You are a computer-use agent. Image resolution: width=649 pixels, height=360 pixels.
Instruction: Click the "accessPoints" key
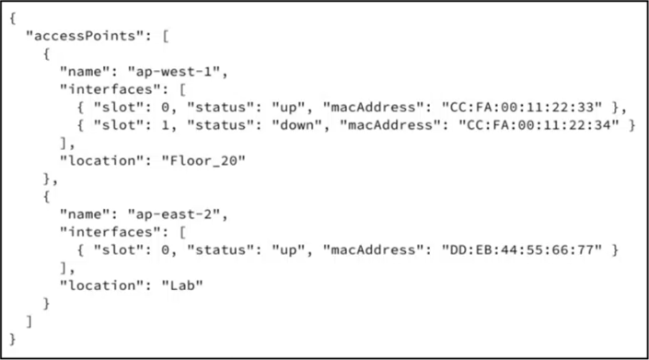pos(86,36)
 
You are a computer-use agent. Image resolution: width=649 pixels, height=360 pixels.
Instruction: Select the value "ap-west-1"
pos(173,72)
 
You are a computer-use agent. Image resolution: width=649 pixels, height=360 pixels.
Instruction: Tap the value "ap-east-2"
pos(173,215)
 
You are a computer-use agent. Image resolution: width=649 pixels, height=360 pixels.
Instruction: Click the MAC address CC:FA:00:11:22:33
pos(522,107)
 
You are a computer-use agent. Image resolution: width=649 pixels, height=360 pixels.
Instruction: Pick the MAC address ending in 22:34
pos(539,125)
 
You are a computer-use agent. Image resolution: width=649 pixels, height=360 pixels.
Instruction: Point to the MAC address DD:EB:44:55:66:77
pos(522,250)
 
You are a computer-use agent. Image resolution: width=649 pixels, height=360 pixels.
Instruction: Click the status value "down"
pos(296,125)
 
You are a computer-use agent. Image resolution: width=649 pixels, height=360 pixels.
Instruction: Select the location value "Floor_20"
pos(203,160)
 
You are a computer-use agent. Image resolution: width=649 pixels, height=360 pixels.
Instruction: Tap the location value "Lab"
pos(182,285)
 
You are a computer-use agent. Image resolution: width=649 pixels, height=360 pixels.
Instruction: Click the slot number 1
pos(165,125)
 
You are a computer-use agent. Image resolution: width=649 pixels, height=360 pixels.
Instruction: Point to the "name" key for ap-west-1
pos(85,72)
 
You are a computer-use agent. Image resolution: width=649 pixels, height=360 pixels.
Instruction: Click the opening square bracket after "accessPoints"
pos(166,36)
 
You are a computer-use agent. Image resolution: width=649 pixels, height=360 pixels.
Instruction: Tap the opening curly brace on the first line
pos(13,18)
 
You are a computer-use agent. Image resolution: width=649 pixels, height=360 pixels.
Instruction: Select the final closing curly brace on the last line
pos(13,340)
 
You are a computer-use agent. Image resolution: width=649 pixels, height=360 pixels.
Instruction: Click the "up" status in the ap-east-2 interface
pos(288,250)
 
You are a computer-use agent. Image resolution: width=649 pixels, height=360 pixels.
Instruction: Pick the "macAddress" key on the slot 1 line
pos(390,125)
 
